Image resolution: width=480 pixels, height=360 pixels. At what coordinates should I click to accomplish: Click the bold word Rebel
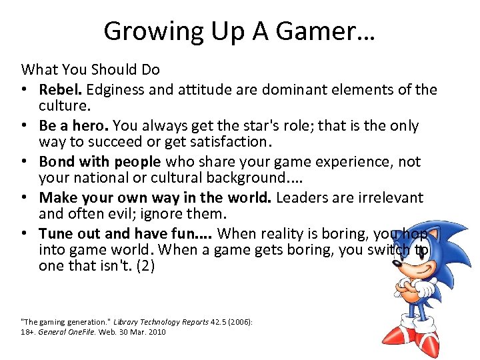pyautogui.click(x=58, y=89)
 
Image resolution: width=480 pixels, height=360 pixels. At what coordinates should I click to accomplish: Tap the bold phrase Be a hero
pyautogui.click(x=74, y=125)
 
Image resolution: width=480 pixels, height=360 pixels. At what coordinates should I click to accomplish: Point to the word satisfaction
pyautogui.click(x=226, y=141)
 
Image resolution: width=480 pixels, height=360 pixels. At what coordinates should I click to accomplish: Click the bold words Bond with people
pyautogui.click(x=100, y=161)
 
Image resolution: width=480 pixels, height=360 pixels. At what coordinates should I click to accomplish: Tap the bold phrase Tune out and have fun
pyautogui.click(x=123, y=233)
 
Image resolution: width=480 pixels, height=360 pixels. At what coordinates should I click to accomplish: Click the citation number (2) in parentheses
pyautogui.click(x=144, y=265)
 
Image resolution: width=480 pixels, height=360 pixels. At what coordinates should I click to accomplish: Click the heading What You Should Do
pyautogui.click(x=91, y=69)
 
